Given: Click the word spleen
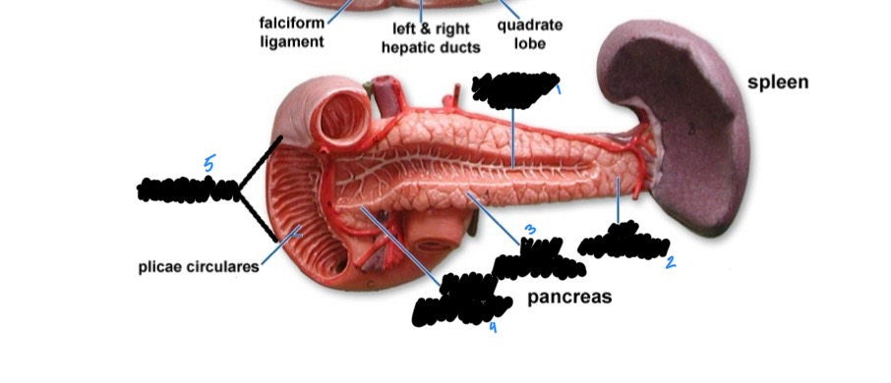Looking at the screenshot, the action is [777, 82].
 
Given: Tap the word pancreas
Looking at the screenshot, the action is [569, 296].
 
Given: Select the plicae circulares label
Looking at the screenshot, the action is [199, 266].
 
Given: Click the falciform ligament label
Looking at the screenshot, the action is [291, 32].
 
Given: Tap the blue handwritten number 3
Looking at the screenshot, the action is [530, 230].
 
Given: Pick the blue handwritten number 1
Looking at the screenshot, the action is [559, 89].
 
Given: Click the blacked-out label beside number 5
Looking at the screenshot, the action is [187, 190].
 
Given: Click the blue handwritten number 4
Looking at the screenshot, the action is [493, 327].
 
